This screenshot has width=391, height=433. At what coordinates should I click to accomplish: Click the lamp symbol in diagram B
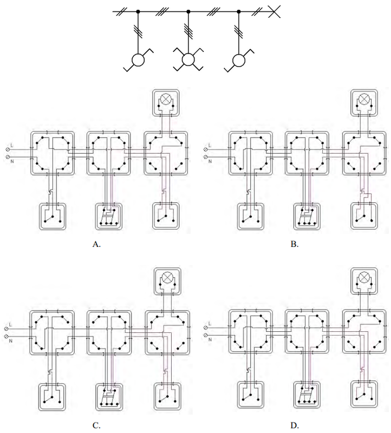click(364, 99)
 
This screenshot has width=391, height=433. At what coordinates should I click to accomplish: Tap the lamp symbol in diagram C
click(167, 278)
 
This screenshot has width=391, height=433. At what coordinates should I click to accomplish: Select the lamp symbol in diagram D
click(364, 277)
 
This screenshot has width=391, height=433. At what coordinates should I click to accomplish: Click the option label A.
click(96, 244)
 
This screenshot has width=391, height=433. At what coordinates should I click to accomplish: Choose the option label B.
click(295, 244)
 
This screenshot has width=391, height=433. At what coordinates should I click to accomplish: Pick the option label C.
click(96, 425)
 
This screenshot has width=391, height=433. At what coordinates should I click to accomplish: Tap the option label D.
click(295, 425)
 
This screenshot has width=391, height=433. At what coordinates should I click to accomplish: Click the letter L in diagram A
click(11, 145)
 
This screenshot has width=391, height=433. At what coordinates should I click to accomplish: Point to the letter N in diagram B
click(210, 161)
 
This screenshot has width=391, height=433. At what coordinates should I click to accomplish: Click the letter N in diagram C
click(11, 341)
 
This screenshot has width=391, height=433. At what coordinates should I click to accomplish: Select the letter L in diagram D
click(210, 323)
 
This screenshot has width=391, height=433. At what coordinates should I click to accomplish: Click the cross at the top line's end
click(274, 11)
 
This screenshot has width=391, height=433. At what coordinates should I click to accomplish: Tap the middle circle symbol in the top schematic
click(188, 60)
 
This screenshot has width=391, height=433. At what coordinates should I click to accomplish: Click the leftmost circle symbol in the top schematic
click(138, 60)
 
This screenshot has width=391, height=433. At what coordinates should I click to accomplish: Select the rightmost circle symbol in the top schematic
click(239, 60)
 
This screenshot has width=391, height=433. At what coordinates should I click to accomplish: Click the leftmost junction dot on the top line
click(138, 11)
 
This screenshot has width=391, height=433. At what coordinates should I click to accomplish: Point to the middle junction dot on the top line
click(188, 11)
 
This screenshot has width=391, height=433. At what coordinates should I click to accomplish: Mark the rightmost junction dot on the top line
click(239, 11)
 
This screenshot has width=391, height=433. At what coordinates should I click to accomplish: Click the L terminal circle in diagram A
click(8, 149)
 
